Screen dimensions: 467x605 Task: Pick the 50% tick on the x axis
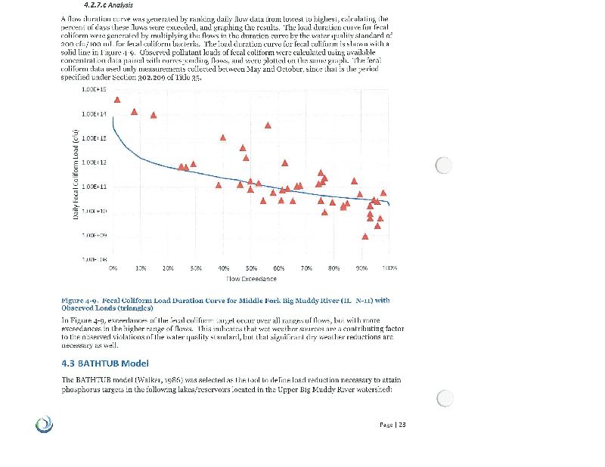click(252, 268)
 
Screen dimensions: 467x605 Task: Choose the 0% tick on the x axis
click(113, 268)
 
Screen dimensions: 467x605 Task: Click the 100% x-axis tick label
click(390, 268)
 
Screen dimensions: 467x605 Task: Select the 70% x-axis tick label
click(307, 268)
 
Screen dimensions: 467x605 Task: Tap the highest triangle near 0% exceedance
click(117, 100)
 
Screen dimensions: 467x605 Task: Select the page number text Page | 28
click(392, 424)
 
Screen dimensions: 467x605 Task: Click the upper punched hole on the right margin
click(444, 165)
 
